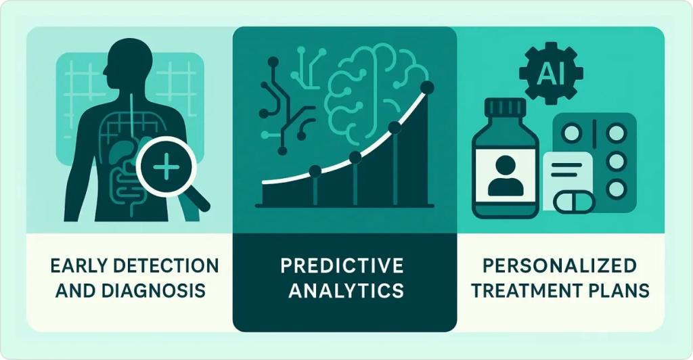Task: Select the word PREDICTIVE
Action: (342, 265)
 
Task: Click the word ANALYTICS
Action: (346, 291)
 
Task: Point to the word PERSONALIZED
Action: (560, 265)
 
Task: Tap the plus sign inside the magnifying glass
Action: (166, 167)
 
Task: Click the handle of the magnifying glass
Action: (197, 199)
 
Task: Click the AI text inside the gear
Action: (550, 74)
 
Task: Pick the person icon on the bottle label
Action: (505, 176)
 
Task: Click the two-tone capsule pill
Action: (574, 202)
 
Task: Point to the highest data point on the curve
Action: (427, 87)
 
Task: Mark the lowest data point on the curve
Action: (315, 171)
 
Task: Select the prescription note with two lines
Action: (568, 175)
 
